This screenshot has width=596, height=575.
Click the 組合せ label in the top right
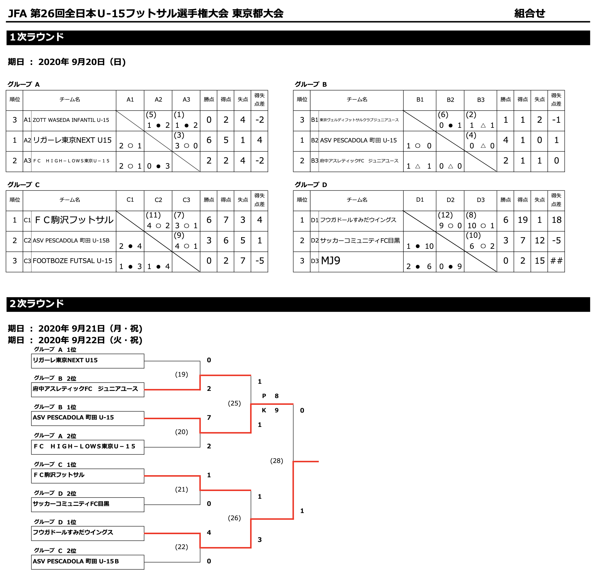[x=529, y=13]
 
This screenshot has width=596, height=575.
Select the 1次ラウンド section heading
[x=37, y=37]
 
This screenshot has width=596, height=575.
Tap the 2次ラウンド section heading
[x=37, y=304]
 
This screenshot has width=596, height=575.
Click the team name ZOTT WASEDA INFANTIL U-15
[x=71, y=120]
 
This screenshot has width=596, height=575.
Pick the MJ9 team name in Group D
[x=330, y=261]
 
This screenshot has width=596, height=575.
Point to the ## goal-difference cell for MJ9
[x=556, y=261]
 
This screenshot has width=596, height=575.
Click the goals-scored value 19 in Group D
[x=522, y=220]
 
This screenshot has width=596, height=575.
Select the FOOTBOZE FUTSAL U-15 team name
[x=72, y=261]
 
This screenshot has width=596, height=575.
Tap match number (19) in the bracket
[x=182, y=374]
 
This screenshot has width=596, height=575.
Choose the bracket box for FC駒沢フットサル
[x=88, y=476]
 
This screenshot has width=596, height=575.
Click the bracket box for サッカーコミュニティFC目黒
[x=88, y=504]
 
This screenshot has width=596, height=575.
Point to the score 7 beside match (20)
[x=209, y=418]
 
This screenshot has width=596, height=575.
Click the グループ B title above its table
[x=311, y=84]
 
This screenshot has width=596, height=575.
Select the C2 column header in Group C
[x=158, y=200]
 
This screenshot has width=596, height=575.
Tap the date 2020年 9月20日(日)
[x=82, y=62]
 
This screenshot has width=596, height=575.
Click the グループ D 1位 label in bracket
[x=55, y=522]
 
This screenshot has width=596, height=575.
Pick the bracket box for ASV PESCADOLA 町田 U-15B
[x=88, y=562]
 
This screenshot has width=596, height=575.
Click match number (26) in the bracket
[x=234, y=518]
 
